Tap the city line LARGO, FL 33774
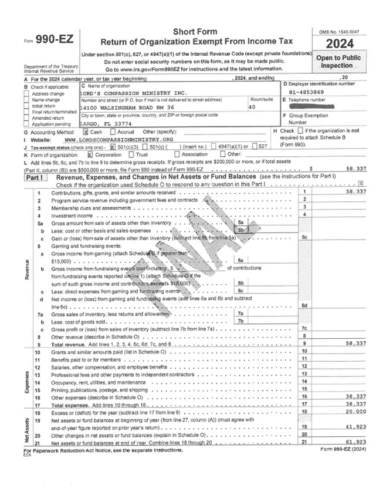click(103, 123)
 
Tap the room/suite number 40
click(253, 108)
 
